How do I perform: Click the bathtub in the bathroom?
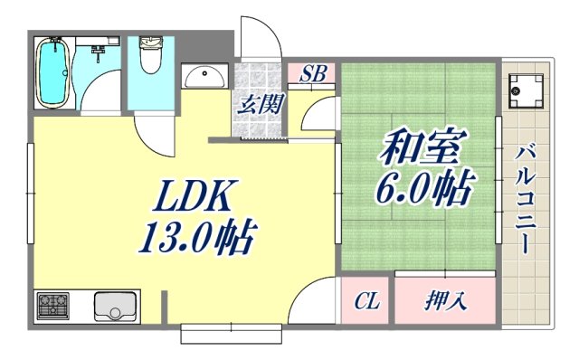click(x=55, y=73)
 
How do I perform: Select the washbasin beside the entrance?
click(x=206, y=77)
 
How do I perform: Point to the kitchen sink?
click(x=114, y=307)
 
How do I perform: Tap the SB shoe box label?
click(x=313, y=74)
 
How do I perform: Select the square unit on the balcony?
click(x=523, y=90)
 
